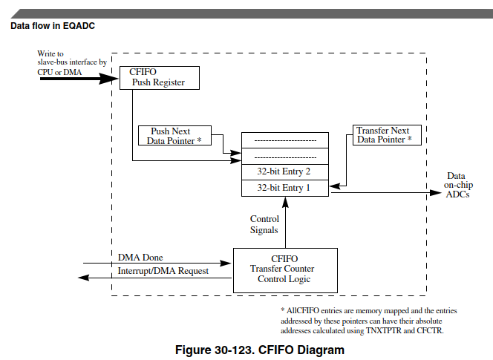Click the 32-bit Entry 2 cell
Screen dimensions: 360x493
(x=284, y=171)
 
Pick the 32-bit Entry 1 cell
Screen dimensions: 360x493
(x=284, y=189)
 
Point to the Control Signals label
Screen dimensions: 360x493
(x=264, y=224)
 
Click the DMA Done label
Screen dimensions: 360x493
(x=140, y=258)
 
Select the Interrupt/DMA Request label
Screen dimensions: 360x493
(x=163, y=271)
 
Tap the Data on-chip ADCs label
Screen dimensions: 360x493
(x=457, y=184)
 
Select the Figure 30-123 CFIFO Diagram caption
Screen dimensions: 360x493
(x=258, y=349)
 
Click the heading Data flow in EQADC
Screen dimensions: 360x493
(x=53, y=26)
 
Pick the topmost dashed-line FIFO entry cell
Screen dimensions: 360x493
(x=284, y=140)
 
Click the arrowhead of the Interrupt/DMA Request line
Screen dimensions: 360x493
(x=84, y=278)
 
